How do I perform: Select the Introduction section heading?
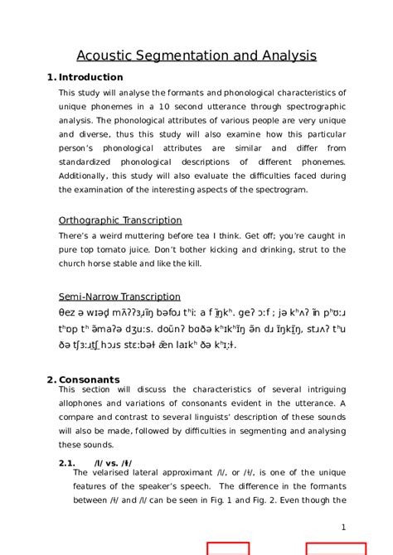pos(90,77)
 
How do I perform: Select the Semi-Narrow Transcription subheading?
pos(119,297)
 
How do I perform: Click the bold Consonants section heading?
pos(90,379)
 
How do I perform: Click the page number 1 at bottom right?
pos(343,527)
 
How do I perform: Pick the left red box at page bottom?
pos(227,548)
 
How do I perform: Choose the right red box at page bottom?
pos(336,548)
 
